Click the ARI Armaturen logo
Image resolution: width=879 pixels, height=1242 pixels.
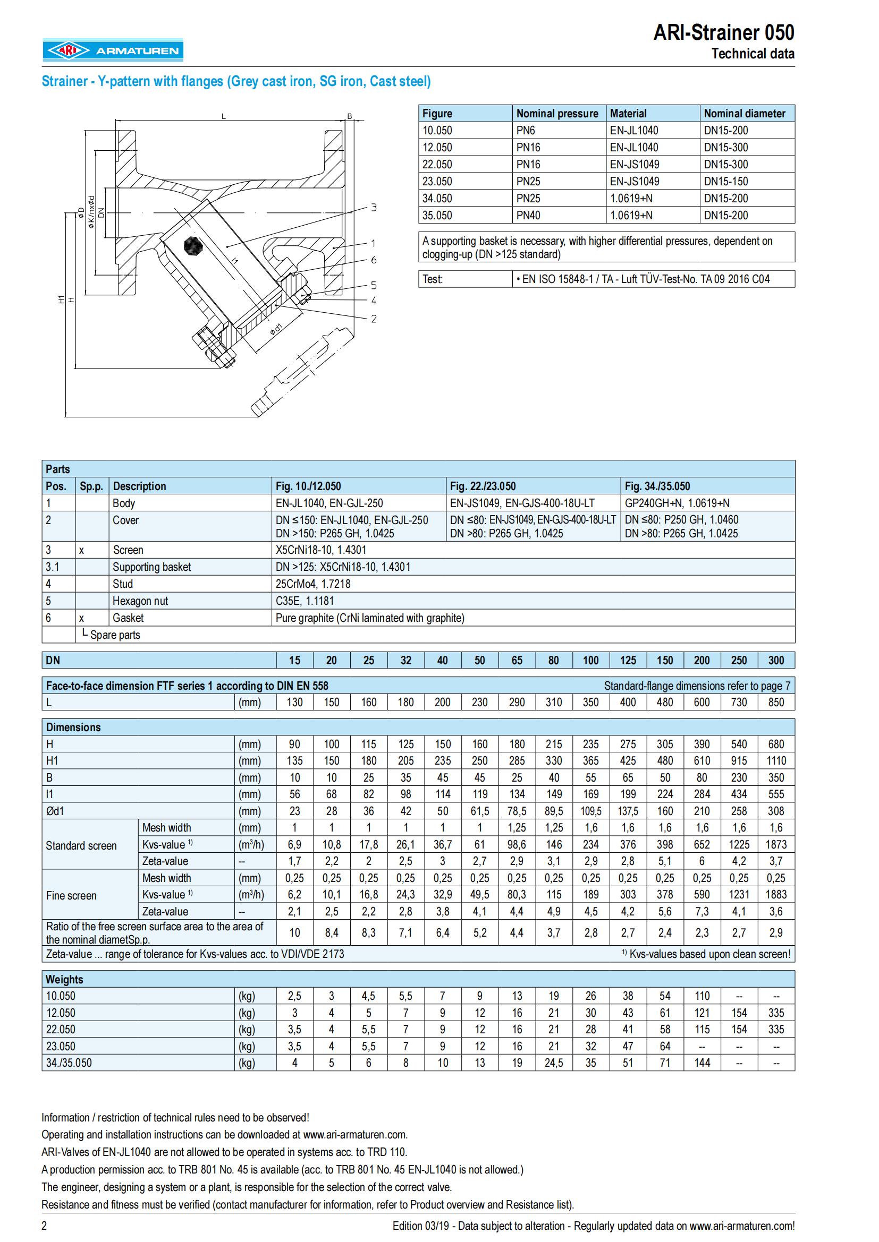(113, 50)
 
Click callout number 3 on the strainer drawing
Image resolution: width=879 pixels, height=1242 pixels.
(374, 207)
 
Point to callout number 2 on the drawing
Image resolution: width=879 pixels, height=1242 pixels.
(374, 319)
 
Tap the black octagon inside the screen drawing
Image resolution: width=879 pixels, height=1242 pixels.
(192, 246)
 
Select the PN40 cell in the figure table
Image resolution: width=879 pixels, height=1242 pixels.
(528, 215)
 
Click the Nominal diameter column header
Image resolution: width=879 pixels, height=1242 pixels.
(744, 114)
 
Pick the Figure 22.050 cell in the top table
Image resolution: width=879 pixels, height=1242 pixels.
(437, 165)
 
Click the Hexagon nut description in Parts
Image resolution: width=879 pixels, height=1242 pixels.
(140, 601)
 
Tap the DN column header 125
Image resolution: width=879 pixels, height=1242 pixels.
(628, 661)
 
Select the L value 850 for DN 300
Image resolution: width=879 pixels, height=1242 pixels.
(775, 703)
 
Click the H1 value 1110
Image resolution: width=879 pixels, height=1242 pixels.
(775, 761)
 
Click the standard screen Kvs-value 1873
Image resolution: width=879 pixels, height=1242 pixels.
(775, 845)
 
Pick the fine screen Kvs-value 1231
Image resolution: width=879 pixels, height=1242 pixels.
(739, 895)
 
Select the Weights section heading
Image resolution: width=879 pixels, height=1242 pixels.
(64, 980)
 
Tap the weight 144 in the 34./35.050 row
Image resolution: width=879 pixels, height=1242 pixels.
(702, 1063)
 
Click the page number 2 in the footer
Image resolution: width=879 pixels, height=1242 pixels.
(45, 1226)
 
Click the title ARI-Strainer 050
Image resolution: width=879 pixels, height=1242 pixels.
(724, 33)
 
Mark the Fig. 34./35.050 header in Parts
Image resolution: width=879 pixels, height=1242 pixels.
(657, 486)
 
